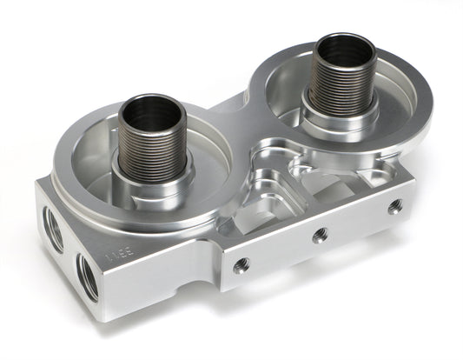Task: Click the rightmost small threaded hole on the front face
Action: click(395, 206)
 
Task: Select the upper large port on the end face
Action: click(54, 230)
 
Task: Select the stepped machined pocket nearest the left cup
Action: click(261, 207)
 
